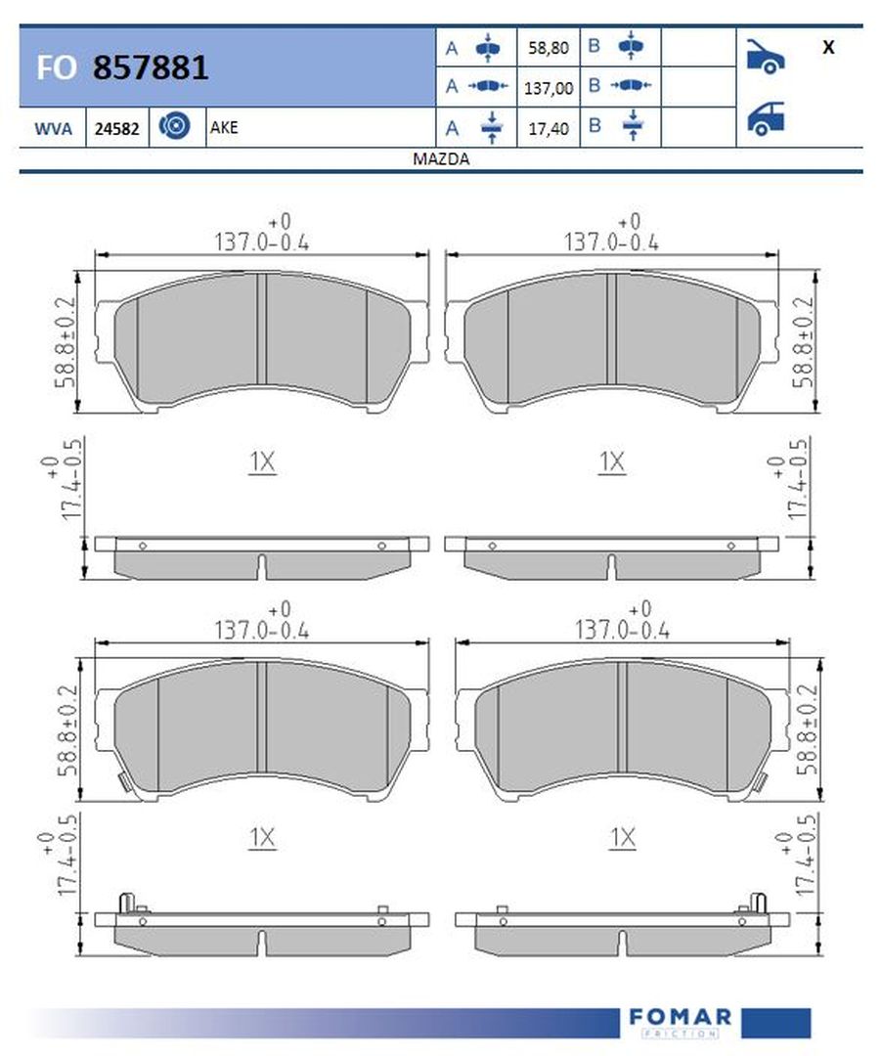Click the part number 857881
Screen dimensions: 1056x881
150,67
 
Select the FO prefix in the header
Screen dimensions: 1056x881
56,68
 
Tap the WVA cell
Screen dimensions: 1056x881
53,128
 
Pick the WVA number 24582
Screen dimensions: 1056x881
117,128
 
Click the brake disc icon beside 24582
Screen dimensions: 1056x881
176,127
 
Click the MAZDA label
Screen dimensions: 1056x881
440,159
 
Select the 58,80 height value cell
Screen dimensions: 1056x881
548,47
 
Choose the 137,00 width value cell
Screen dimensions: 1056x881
548,87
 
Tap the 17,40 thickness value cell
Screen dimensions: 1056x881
548,127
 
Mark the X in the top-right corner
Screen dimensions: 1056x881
828,47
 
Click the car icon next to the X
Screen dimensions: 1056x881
765,55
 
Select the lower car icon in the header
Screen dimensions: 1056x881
765,117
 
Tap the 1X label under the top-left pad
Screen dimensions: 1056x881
262,462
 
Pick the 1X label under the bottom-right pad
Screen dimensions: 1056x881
623,837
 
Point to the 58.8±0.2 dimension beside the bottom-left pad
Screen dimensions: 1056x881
65,730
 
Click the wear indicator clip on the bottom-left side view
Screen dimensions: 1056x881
126,903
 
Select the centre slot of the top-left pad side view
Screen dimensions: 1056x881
262,565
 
